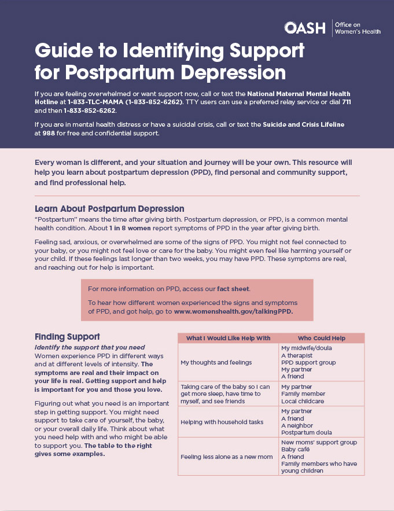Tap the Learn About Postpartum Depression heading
tap(109, 208)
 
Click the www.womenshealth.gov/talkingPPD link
tap(233, 311)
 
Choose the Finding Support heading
tap(67, 336)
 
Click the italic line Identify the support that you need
tap(90, 347)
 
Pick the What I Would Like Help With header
tap(228, 338)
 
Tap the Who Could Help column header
tap(321, 338)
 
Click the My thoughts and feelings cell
tap(216, 362)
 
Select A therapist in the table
tap(297, 355)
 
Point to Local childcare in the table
tap(303, 401)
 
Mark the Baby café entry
tap(296, 449)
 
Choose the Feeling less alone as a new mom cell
tap(226, 457)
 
